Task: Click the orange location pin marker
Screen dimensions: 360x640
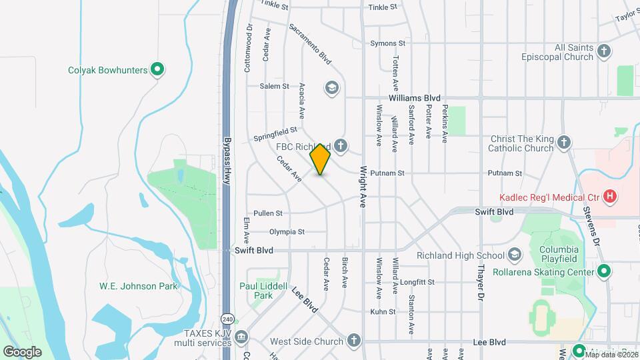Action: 321,159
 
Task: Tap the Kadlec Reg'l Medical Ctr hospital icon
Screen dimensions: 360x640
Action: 609,196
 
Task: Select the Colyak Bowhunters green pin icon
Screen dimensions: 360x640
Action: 158,69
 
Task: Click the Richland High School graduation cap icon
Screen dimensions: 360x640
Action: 515,255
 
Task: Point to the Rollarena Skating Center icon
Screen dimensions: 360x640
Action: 604,271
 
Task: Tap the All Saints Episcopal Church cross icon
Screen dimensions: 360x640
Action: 604,51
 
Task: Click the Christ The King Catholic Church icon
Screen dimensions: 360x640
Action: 564,143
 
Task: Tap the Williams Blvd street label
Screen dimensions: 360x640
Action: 415,97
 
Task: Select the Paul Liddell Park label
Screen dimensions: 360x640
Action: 257,291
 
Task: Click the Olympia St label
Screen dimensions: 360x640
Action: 287,232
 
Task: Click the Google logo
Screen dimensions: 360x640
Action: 21,351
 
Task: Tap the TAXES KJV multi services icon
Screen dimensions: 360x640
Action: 241,337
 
